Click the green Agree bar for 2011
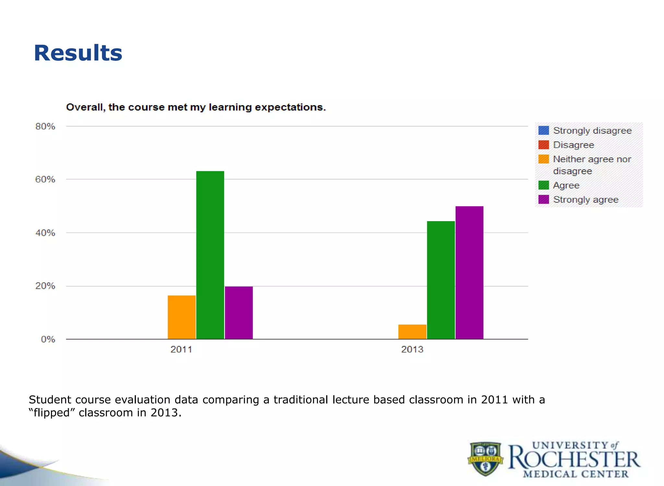coord(210,255)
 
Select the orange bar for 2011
coord(182,317)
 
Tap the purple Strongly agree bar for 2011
coord(239,313)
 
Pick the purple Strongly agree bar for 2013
coord(469,272)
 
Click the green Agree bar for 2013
coord(441,280)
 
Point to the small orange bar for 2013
coord(412,332)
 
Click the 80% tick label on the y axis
coord(45,126)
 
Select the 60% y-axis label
coord(45,179)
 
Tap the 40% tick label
coord(45,233)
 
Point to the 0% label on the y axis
coord(48,339)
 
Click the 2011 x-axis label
coord(181,350)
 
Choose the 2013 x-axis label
coord(412,350)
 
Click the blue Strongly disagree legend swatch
coord(543,130)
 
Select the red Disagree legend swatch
coord(543,145)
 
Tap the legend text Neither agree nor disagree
coord(592,165)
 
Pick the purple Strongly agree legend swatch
coord(543,199)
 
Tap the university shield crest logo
coord(485,458)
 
